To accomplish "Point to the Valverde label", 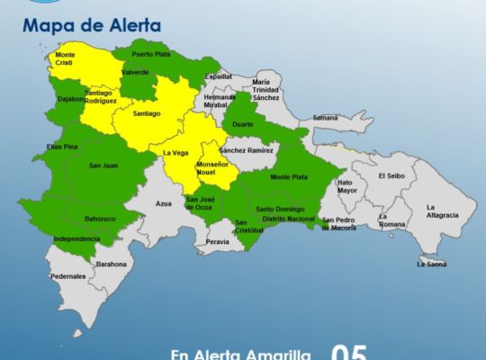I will tap(135, 72).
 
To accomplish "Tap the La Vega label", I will tap(175, 153).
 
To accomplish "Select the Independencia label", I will tap(76, 238).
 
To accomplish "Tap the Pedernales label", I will tap(68, 276).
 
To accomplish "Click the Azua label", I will tap(163, 203).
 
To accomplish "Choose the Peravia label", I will tap(217, 241).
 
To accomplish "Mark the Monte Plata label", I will tap(288, 176).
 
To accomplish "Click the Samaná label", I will tap(325, 118).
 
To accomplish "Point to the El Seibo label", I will tap(393, 175).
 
